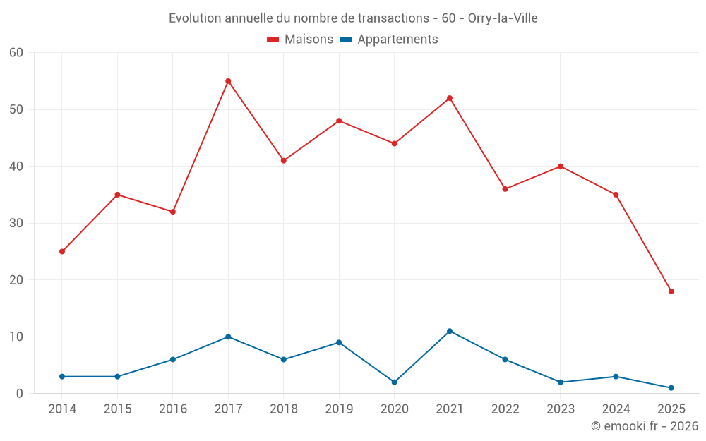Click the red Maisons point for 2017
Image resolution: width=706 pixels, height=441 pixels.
[228, 81]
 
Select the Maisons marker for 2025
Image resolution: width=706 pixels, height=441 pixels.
[671, 291]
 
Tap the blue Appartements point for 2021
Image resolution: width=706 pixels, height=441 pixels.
[450, 331]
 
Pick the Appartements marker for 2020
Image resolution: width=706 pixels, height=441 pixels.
[394, 382]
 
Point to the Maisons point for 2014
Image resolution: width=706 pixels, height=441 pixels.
[62, 251]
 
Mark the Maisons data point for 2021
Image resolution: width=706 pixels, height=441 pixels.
[450, 98]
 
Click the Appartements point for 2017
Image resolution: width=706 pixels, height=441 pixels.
[228, 337]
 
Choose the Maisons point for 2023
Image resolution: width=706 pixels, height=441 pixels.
[561, 167]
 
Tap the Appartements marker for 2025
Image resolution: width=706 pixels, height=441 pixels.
[671, 388]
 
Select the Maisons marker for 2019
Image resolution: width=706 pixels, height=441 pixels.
[339, 121]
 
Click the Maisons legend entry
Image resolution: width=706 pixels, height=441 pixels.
[300, 40]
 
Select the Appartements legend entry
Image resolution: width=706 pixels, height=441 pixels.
[389, 40]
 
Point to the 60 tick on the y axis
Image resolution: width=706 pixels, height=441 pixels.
[16, 53]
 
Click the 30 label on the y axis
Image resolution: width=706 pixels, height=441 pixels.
[16, 223]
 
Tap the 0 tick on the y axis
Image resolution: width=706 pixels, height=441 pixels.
[20, 394]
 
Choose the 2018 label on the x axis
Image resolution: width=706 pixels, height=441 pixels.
[284, 409]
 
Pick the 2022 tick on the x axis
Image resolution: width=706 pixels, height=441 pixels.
[505, 409]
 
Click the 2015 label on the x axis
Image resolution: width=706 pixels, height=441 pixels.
[117, 409]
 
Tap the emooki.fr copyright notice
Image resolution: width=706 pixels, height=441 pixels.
[644, 426]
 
